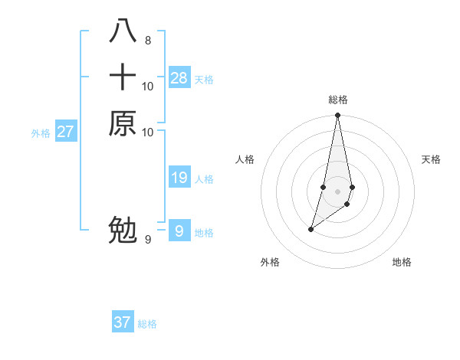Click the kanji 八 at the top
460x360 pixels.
[123, 31]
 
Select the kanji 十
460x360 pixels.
[123, 77]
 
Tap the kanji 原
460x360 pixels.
[123, 123]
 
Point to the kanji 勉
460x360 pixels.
[123, 230]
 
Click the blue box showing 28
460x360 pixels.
[179, 78]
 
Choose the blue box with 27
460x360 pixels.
[66, 132]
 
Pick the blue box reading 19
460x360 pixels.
[179, 178]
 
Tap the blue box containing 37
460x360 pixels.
[123, 322]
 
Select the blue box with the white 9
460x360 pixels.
[179, 231]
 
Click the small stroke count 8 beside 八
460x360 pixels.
[147, 40]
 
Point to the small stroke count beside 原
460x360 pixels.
[148, 133]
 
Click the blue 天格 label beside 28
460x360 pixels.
[204, 80]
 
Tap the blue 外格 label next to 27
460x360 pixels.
[41, 133]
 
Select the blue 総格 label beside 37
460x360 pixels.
[147, 324]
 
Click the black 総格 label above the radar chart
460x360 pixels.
[337, 100]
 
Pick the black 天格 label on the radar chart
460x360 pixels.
[431, 159]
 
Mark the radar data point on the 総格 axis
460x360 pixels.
[337, 116]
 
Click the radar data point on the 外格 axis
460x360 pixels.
[310, 229]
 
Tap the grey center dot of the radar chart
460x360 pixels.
[337, 191]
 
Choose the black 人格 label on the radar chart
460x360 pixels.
[245, 159]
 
